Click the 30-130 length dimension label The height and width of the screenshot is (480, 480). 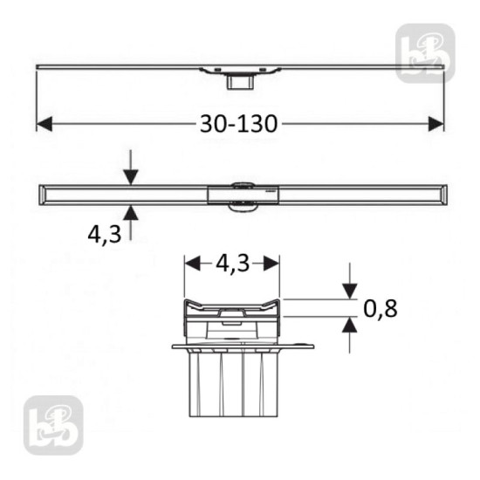click(x=238, y=123)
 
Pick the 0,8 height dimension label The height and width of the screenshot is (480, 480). click(x=381, y=308)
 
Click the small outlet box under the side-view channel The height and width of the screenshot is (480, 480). click(x=237, y=82)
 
